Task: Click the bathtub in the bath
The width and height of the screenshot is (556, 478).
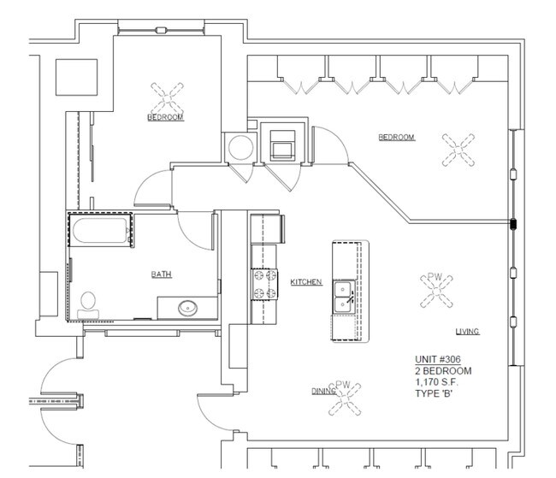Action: pos(100,230)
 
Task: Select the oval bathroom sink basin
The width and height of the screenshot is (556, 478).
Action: pos(187,308)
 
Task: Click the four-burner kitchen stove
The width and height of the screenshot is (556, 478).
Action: pos(264,284)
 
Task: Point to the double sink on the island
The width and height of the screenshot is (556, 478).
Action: pos(344,297)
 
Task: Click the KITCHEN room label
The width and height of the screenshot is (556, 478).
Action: pos(306,282)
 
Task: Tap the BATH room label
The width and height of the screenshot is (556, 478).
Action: pos(162,274)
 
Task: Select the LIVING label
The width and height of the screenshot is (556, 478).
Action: pos(467,332)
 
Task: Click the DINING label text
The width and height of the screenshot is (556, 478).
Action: pos(323,391)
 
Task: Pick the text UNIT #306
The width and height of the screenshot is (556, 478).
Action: pos(438,359)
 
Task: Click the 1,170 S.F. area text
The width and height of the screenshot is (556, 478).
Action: pos(436,382)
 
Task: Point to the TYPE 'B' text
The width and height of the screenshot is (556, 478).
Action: pos(434,393)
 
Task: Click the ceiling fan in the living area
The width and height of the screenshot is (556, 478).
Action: pos(437,291)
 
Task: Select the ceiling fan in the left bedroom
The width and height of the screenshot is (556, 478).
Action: pos(167,97)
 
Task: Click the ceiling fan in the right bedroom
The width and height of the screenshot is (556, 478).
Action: pos(458,150)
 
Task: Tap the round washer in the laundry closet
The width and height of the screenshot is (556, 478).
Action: pos(240,147)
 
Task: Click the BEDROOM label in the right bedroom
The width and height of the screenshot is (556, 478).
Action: pos(396,137)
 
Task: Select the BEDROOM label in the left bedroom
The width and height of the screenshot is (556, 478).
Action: pos(165,117)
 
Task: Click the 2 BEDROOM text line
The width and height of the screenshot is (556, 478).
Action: pos(443,371)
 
